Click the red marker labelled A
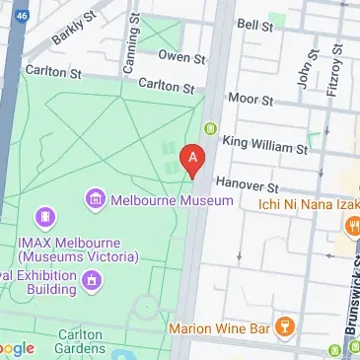point(192,158)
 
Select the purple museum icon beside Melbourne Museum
point(96,200)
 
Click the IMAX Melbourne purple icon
point(44,216)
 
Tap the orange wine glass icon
point(285,324)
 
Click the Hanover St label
point(251,185)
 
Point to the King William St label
point(265,145)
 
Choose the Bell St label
point(253,23)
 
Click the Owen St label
point(174,57)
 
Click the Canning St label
point(128,49)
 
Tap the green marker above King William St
point(210,127)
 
